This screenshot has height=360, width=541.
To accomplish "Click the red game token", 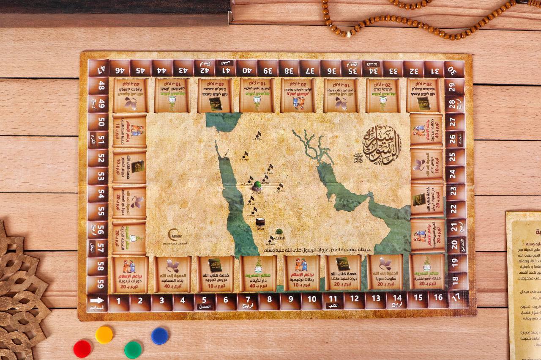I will (82, 349).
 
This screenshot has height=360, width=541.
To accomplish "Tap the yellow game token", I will (104, 335).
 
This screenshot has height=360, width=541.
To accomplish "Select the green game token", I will (133, 349).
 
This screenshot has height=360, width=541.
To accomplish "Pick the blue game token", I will (160, 336).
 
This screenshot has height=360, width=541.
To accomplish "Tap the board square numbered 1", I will (119, 302).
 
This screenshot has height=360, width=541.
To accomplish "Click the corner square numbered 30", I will (455, 69).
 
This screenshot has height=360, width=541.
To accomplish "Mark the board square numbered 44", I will (162, 68).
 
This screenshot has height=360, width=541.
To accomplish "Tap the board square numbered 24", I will (456, 174).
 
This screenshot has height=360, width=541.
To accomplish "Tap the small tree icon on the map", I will (279, 232).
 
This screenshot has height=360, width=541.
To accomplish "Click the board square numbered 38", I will (289, 68).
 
